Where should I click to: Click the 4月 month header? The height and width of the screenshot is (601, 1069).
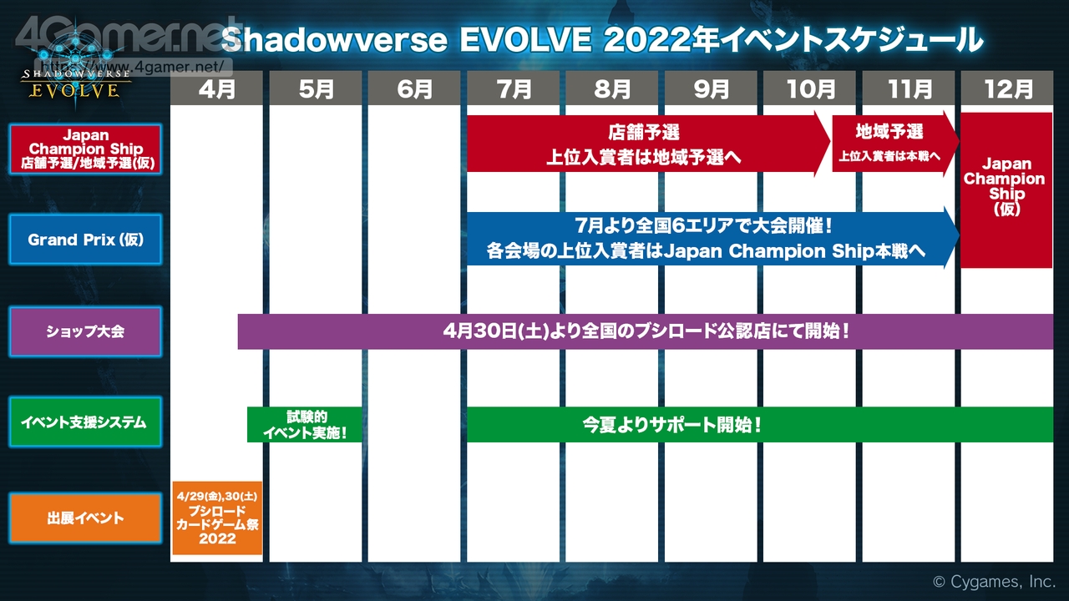[x=216, y=88]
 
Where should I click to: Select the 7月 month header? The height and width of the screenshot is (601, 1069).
[x=513, y=88]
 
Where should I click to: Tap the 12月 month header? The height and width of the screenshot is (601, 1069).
[x=1007, y=88]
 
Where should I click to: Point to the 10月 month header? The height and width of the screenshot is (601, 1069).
[x=809, y=88]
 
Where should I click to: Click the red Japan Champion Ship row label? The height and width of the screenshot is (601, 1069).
[x=85, y=149]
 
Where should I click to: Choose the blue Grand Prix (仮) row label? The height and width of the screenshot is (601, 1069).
[x=85, y=239]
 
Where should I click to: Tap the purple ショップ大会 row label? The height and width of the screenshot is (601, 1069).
[x=85, y=331]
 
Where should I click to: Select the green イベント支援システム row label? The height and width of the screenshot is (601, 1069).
[x=85, y=422]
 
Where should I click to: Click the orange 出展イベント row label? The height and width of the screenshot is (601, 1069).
[x=85, y=518]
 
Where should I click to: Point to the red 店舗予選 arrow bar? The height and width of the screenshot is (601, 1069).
[x=648, y=144]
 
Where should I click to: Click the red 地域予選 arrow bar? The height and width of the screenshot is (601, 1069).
[x=895, y=144]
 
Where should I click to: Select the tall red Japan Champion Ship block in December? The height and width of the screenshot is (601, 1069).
[x=1006, y=189]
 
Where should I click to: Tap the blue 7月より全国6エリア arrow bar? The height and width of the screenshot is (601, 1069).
[x=713, y=238]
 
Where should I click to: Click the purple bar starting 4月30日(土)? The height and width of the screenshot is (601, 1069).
[x=646, y=331]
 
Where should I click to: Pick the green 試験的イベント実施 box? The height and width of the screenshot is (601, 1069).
[x=305, y=425]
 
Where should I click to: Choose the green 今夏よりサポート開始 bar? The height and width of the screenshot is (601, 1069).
[x=760, y=425]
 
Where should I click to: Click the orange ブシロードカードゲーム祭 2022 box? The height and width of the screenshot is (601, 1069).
[x=217, y=518]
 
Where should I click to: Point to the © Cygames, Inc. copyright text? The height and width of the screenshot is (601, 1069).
[x=994, y=582]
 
